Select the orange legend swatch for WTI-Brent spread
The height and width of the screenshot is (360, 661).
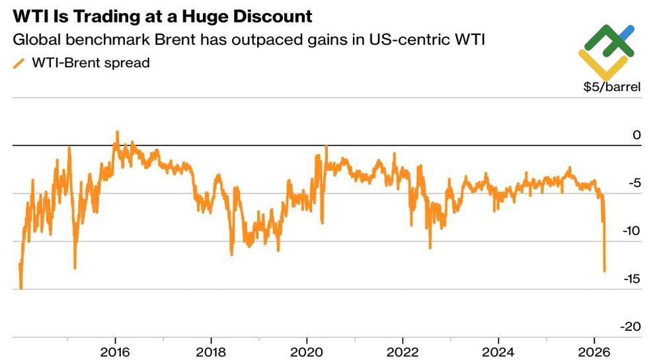[x=19, y=63]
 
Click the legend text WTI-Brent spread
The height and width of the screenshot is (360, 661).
[x=91, y=63]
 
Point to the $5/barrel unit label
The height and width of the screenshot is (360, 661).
[x=611, y=87]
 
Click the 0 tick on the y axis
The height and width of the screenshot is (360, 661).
[x=637, y=135]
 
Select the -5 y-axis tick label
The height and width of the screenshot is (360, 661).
[x=634, y=183]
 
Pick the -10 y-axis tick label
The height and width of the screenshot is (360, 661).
[x=631, y=231]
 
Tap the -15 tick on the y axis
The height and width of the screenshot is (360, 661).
[x=631, y=279]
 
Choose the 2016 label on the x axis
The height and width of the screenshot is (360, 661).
[x=116, y=349]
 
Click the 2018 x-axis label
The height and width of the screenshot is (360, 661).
[x=211, y=349]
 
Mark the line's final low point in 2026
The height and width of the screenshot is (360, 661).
[x=604, y=270]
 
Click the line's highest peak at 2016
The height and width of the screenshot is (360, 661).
[x=117, y=131]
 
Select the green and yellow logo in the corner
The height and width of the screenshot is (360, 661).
[x=607, y=52]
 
